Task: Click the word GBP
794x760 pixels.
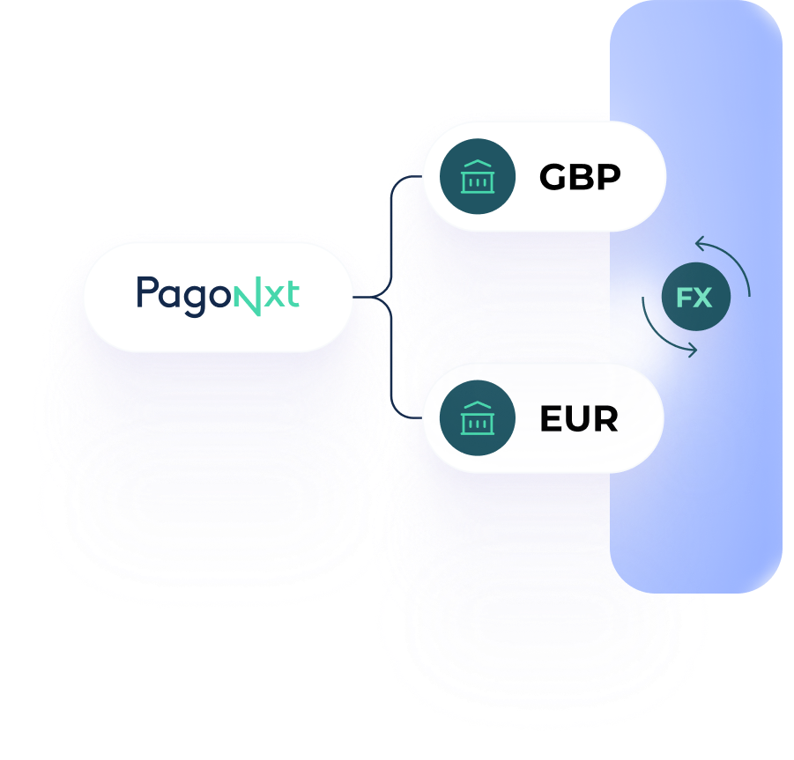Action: (580, 177)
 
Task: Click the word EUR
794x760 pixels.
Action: (578, 419)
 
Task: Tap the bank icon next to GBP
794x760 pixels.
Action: (477, 177)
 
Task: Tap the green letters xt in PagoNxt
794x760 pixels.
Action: (281, 296)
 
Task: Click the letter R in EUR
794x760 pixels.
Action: (604, 419)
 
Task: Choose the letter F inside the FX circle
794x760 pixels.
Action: (686, 298)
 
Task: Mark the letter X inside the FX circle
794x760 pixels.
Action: (703, 298)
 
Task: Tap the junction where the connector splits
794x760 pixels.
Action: (386, 298)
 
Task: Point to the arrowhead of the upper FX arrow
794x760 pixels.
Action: (700, 240)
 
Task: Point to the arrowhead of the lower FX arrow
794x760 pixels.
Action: (692, 350)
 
